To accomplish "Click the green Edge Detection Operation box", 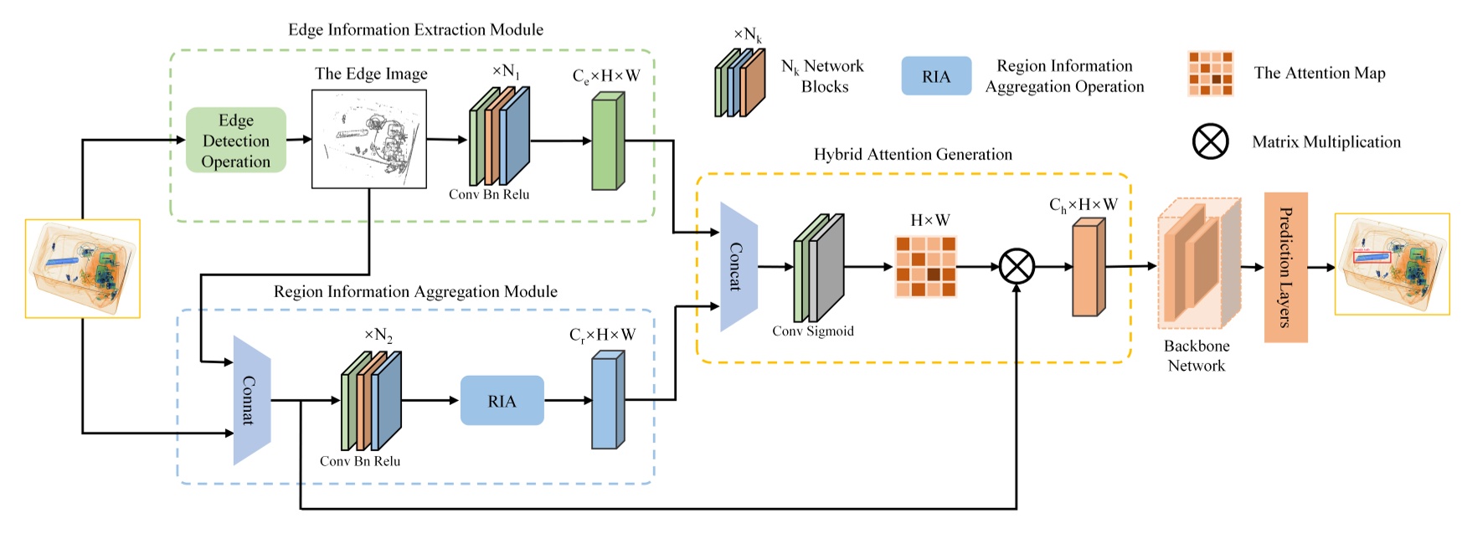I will point(235,141).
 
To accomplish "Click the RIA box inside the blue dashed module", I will point(502,401).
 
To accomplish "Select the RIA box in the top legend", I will point(936,76).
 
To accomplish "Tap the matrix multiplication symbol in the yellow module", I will point(1017,267).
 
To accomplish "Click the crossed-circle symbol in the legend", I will point(1210,141).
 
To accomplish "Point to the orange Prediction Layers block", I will point(1285,267).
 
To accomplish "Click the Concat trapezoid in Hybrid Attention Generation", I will point(738,267).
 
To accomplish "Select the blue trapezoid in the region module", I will point(251,400).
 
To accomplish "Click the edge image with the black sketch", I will point(369,139).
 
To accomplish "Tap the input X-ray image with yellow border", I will point(82,269).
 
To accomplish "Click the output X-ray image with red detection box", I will point(1392,264).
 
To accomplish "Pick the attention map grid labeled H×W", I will point(925,267).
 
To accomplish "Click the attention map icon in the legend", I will point(1210,74).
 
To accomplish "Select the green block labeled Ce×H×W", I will point(607,141).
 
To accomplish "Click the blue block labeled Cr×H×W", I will point(607,401).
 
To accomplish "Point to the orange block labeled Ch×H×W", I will point(1088,268).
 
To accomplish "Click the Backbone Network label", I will point(1197,356).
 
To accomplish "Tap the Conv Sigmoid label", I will point(812,331).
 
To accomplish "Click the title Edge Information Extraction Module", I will point(415,30).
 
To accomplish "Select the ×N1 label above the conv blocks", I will point(506,72).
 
